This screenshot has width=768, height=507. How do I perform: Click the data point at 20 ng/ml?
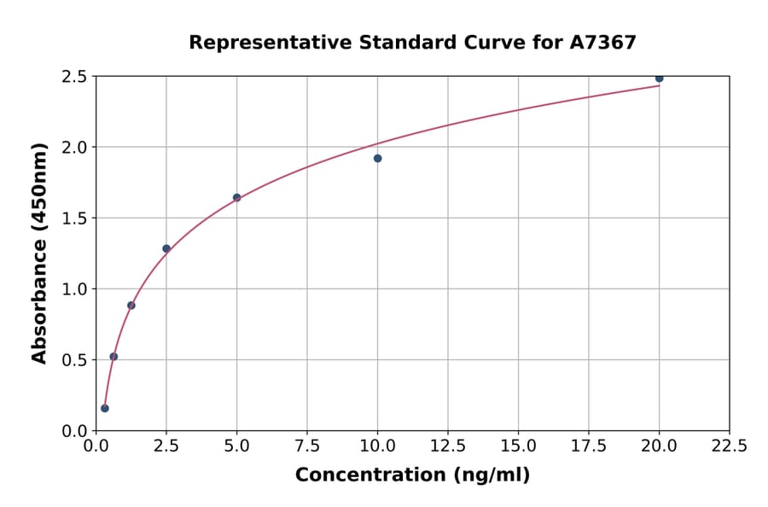tap(659, 79)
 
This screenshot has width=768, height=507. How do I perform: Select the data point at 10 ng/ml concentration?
tap(377, 158)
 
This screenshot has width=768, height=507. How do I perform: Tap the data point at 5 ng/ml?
tap(236, 197)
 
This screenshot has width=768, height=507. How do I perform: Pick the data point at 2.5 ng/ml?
tap(166, 248)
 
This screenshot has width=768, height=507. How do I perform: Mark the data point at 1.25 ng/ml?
tap(131, 305)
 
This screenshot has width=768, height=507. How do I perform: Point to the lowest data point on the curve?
tap(105, 408)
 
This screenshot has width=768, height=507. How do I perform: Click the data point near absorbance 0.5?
tap(113, 356)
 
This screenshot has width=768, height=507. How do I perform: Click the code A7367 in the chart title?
tap(602, 42)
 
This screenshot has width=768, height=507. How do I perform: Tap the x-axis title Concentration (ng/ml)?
tap(412, 475)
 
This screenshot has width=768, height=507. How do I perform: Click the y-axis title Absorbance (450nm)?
tap(39, 253)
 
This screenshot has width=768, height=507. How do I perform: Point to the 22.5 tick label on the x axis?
tap(729, 446)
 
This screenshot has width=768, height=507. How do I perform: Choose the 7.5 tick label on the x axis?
tap(307, 446)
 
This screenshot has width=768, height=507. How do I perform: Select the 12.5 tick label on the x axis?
tap(448, 446)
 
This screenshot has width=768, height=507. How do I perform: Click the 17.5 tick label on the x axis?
tap(589, 446)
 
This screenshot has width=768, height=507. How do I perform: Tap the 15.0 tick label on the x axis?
tap(518, 446)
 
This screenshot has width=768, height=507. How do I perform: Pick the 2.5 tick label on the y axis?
tap(74, 77)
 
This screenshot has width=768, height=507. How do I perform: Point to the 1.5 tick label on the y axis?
tap(74, 219)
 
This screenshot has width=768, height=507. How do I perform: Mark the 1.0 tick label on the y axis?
tap(74, 289)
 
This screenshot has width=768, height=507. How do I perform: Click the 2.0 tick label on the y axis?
tap(74, 148)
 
